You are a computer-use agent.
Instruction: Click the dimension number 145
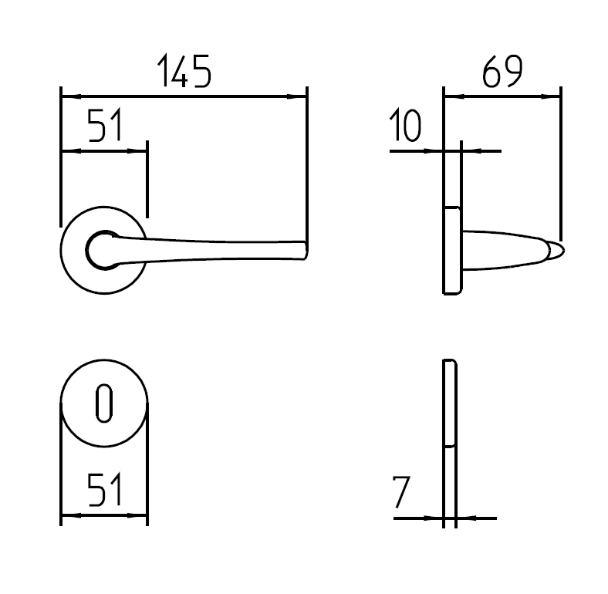pyautogui.click(x=184, y=73)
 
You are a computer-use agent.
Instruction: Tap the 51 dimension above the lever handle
pyautogui.click(x=105, y=126)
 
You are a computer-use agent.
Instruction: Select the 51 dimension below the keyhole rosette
pyautogui.click(x=105, y=491)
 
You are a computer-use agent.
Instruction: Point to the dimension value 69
pyautogui.click(x=502, y=73)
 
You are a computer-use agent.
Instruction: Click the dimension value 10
pyautogui.click(x=405, y=126)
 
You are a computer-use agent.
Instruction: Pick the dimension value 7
pyautogui.click(x=400, y=492)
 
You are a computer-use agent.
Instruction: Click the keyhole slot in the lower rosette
pyautogui.click(x=104, y=404)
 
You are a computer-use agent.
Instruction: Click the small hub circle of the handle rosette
pyautogui.click(x=102, y=248)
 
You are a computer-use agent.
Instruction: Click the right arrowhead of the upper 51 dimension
pyautogui.click(x=140, y=150)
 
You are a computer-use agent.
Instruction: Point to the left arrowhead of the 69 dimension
pyautogui.click(x=451, y=97)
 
